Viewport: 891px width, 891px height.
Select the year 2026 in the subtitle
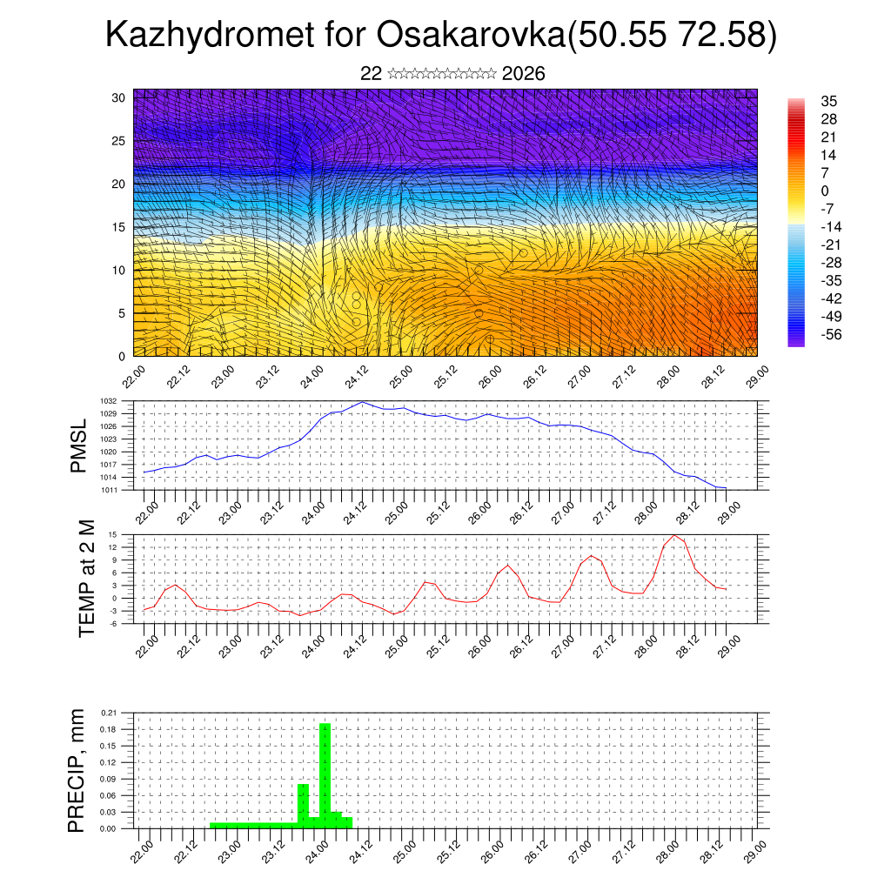(524, 74)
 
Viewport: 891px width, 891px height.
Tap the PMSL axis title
(79, 446)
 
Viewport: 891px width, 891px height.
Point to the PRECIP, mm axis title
(78, 770)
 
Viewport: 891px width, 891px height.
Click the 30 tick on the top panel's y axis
(118, 97)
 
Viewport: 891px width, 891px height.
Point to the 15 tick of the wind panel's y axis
(118, 227)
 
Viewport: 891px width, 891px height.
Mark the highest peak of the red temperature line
(674, 534)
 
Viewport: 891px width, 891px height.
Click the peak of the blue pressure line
(363, 402)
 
